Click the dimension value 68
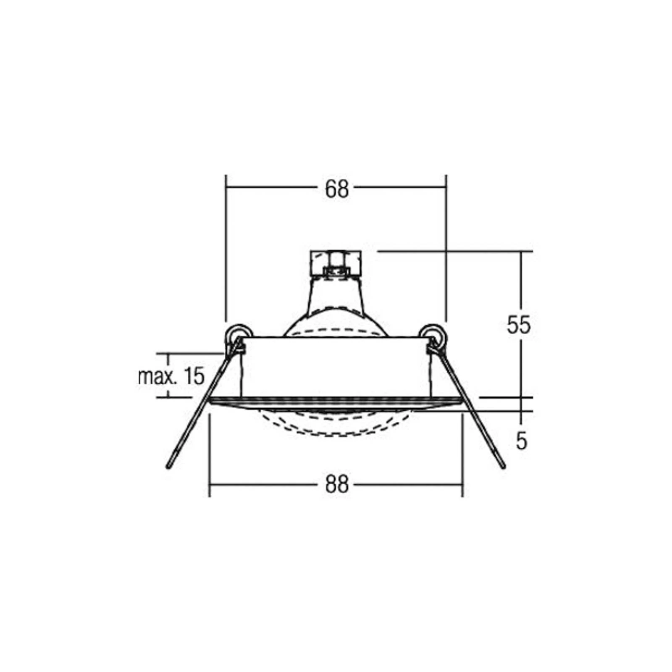click(x=337, y=189)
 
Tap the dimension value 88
click(x=337, y=485)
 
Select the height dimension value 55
click(x=519, y=325)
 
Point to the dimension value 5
click(x=521, y=441)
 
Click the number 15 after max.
click(x=194, y=375)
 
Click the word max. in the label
click(x=158, y=376)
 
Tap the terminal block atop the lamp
click(x=336, y=262)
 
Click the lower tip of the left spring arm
click(x=169, y=467)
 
